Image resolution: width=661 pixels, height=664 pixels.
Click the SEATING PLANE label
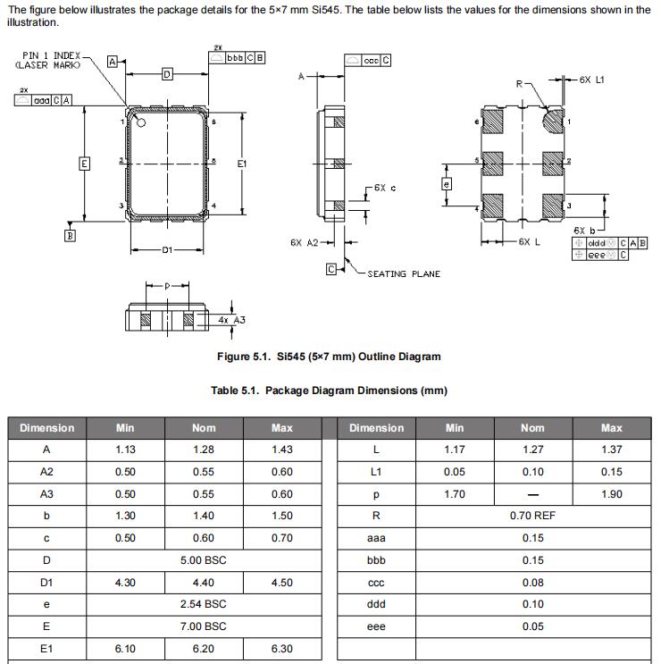click(x=404, y=273)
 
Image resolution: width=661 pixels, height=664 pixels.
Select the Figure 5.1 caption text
click(x=329, y=357)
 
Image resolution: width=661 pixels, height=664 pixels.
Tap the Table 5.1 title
click(x=329, y=391)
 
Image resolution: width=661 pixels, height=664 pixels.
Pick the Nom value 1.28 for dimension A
click(x=204, y=450)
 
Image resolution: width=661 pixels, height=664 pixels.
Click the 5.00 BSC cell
click(x=204, y=560)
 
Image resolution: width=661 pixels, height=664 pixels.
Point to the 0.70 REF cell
click(x=532, y=516)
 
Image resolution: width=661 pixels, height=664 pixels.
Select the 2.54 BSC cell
click(x=204, y=604)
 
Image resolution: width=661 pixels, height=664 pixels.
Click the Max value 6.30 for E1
click(x=281, y=648)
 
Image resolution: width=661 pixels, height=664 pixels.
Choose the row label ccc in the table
click(x=376, y=582)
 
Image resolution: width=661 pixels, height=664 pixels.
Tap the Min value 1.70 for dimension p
click(x=455, y=494)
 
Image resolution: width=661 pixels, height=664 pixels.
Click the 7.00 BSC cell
click(x=204, y=626)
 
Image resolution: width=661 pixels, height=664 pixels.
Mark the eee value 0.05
click(x=532, y=626)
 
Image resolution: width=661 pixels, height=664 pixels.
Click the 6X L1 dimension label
click(x=591, y=80)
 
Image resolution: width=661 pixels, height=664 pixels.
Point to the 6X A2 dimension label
click(x=305, y=242)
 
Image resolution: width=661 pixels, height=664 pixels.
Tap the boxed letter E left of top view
click(x=84, y=164)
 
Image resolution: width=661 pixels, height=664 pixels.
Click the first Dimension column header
click(x=46, y=428)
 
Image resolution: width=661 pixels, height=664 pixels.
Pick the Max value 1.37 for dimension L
click(x=611, y=450)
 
